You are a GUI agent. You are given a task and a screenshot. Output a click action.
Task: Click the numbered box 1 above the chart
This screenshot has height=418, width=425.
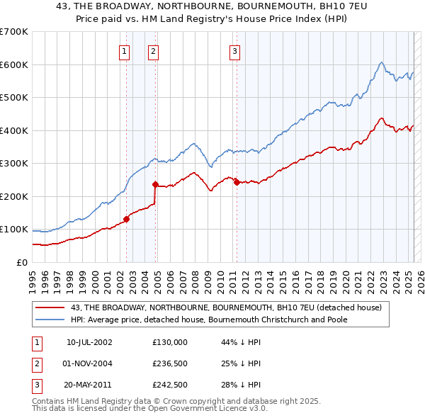(124, 50)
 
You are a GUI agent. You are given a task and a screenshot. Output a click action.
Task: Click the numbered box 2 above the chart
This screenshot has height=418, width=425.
(153, 50)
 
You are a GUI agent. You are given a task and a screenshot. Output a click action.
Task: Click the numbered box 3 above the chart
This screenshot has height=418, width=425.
(234, 50)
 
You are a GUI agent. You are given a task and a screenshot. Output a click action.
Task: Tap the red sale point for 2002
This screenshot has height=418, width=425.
(127, 219)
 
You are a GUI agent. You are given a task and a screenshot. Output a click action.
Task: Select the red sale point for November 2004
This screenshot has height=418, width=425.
(155, 184)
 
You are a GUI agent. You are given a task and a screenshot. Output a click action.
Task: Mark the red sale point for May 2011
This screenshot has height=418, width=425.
(237, 182)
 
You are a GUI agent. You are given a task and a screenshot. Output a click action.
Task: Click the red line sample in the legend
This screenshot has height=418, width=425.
(51, 307)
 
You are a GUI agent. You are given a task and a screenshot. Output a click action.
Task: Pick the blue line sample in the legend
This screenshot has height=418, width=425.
(51, 320)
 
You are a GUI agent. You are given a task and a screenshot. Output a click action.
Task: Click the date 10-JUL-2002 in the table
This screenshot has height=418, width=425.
(89, 342)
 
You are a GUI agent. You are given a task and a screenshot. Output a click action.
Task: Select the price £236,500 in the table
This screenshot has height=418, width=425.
(170, 363)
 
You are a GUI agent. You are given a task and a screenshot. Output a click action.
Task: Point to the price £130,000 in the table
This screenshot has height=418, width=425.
(170, 342)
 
